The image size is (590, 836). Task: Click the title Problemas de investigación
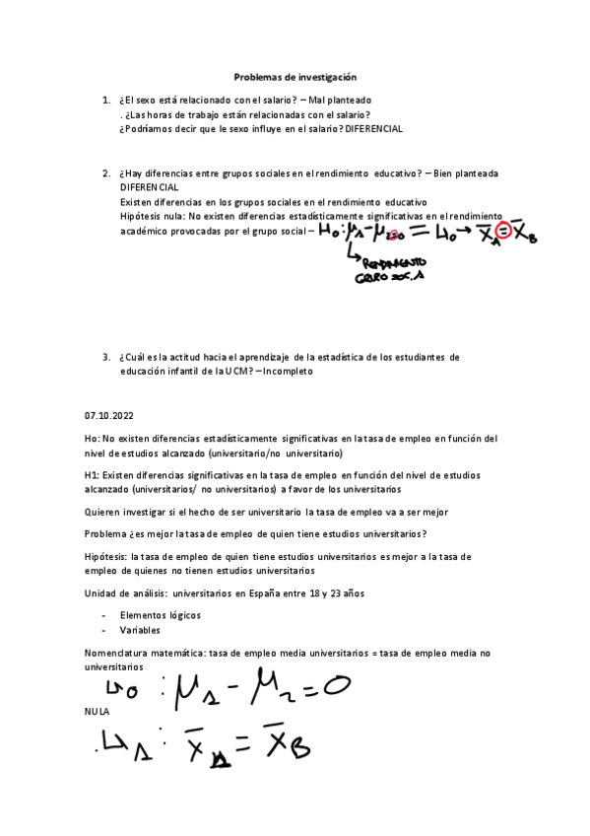[295, 76]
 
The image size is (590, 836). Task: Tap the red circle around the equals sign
[501, 232]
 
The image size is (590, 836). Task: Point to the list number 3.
[105, 356]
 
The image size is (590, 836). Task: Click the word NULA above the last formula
[98, 711]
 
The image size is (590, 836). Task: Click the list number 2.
[105, 173]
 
